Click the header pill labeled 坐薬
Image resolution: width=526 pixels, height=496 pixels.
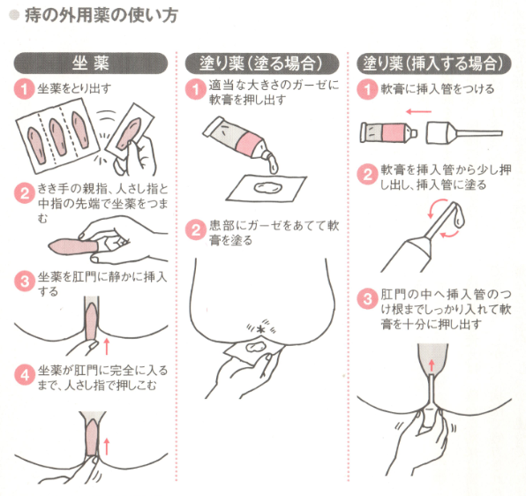coord(91,63)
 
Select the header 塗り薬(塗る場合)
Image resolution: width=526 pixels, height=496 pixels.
coord(262,63)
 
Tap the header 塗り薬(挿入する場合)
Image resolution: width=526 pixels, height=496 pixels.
coord(433,63)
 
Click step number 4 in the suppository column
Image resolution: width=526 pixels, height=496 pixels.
coord(25,374)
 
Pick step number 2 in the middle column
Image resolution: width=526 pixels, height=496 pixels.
coord(196,229)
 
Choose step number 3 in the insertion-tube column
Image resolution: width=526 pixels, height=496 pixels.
coord(367,298)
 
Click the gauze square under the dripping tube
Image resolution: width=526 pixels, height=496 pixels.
coord(266,189)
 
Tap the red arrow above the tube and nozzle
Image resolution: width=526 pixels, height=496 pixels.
coord(418,112)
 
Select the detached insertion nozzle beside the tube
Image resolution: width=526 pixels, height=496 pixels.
coord(464,132)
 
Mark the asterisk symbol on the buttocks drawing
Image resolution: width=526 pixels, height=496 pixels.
coord(260,330)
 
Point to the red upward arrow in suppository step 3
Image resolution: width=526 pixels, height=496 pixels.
coord(107,346)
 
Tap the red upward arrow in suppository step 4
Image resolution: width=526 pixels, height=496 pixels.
coord(107,446)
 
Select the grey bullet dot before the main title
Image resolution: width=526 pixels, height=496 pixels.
coord(14,15)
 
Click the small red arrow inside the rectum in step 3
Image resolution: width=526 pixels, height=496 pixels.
coord(432,365)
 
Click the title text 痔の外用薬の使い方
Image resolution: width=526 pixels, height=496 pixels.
coord(101,15)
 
